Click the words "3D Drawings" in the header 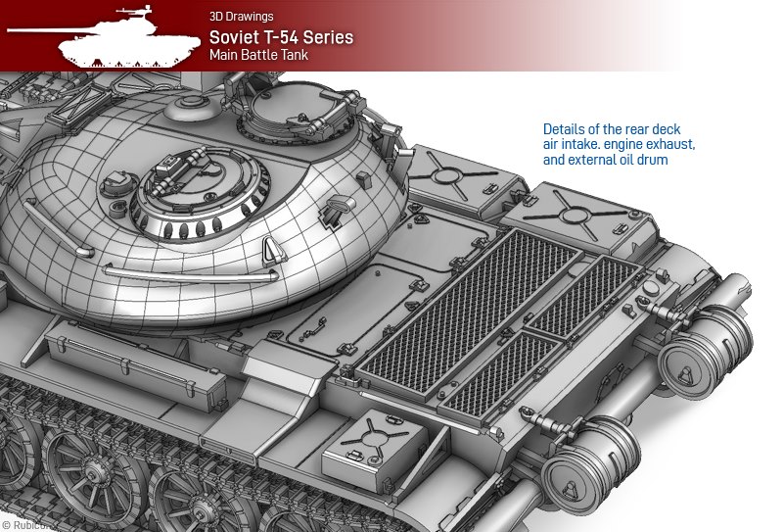[241, 17]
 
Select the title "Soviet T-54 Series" [281, 37]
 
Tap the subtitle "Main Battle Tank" [258, 55]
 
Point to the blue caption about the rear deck [619, 144]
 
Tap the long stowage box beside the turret [135, 366]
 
